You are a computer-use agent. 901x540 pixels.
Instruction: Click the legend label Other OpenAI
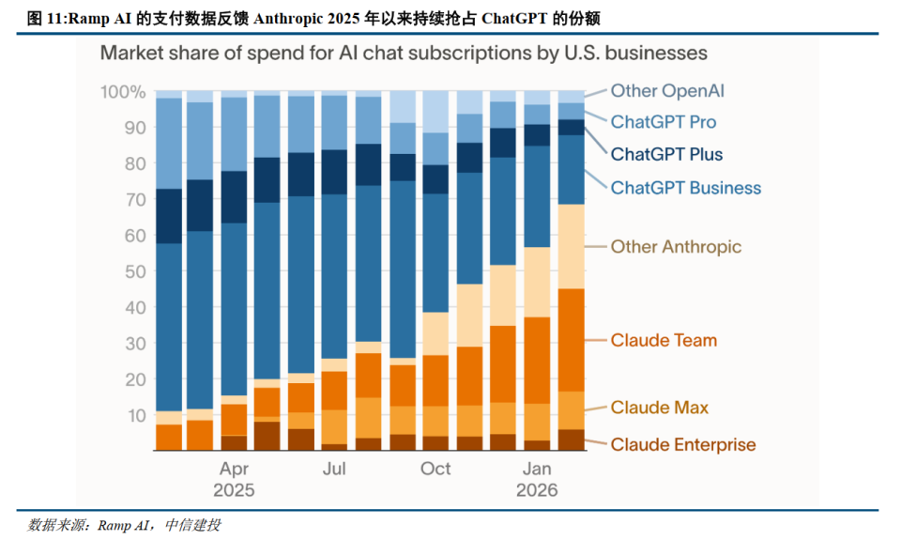tap(667, 91)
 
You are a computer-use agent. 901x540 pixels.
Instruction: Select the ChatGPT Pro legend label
tap(664, 122)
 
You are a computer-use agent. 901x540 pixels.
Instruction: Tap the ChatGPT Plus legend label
tap(666, 154)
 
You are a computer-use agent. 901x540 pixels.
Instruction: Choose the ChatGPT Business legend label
tap(685, 188)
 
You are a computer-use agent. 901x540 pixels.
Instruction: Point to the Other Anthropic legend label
tap(676, 247)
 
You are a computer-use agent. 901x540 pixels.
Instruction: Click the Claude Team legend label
tap(664, 341)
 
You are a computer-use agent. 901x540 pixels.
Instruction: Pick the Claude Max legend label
tap(659, 408)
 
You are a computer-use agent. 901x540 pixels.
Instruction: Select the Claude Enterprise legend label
tap(683, 444)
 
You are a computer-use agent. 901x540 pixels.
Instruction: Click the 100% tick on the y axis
tap(123, 92)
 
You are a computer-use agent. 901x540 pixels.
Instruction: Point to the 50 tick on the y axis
tap(135, 271)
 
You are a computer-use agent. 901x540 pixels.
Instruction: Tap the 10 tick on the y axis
tap(136, 415)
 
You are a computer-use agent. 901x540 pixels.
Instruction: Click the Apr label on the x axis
tap(234, 470)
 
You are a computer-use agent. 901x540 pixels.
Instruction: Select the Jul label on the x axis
tap(334, 469)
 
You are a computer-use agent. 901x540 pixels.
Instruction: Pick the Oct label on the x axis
tap(435, 469)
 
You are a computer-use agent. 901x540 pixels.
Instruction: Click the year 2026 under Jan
tap(537, 490)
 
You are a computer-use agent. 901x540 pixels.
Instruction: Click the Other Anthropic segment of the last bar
tap(572, 247)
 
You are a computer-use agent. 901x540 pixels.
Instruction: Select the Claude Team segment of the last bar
tap(572, 341)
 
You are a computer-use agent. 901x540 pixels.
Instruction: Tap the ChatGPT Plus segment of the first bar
tap(169, 216)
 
